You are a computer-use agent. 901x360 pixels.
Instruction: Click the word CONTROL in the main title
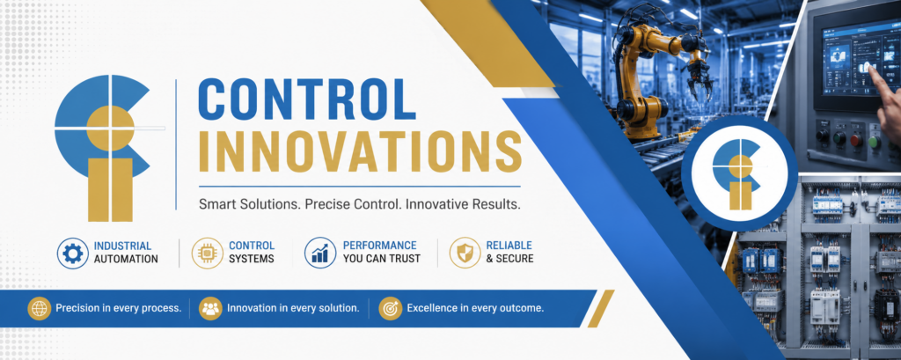[306, 100]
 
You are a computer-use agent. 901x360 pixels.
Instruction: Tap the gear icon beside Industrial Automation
[72, 253]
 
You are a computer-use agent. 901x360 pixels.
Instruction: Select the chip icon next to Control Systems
[207, 253]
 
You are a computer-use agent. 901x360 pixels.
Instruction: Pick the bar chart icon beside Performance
[320, 253]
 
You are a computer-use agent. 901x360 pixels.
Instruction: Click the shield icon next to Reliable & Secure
[465, 253]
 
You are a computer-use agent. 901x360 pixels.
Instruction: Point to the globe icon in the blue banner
[39, 309]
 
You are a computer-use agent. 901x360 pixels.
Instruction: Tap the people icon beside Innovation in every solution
[210, 309]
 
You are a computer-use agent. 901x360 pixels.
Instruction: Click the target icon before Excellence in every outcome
[390, 309]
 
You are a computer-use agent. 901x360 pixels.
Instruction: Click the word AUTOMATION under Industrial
[126, 259]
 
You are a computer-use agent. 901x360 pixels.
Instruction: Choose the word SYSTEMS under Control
[252, 259]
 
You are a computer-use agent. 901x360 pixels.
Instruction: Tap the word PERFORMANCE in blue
[380, 246]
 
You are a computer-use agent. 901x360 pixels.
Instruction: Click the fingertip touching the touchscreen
[870, 69]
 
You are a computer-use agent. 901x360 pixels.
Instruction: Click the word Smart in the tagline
[215, 205]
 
